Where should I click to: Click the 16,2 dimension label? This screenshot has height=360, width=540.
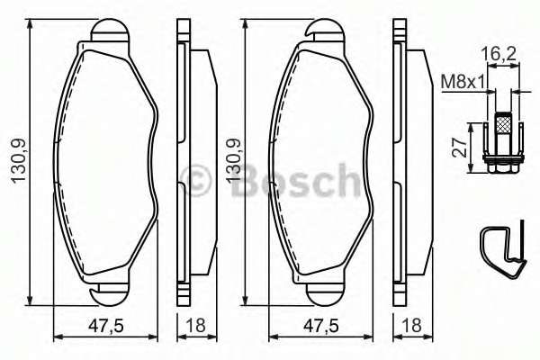498,54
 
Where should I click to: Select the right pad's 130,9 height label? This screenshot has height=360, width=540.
233,162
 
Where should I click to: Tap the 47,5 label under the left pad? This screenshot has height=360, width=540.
106,326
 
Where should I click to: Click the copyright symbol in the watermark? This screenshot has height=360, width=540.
197,181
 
